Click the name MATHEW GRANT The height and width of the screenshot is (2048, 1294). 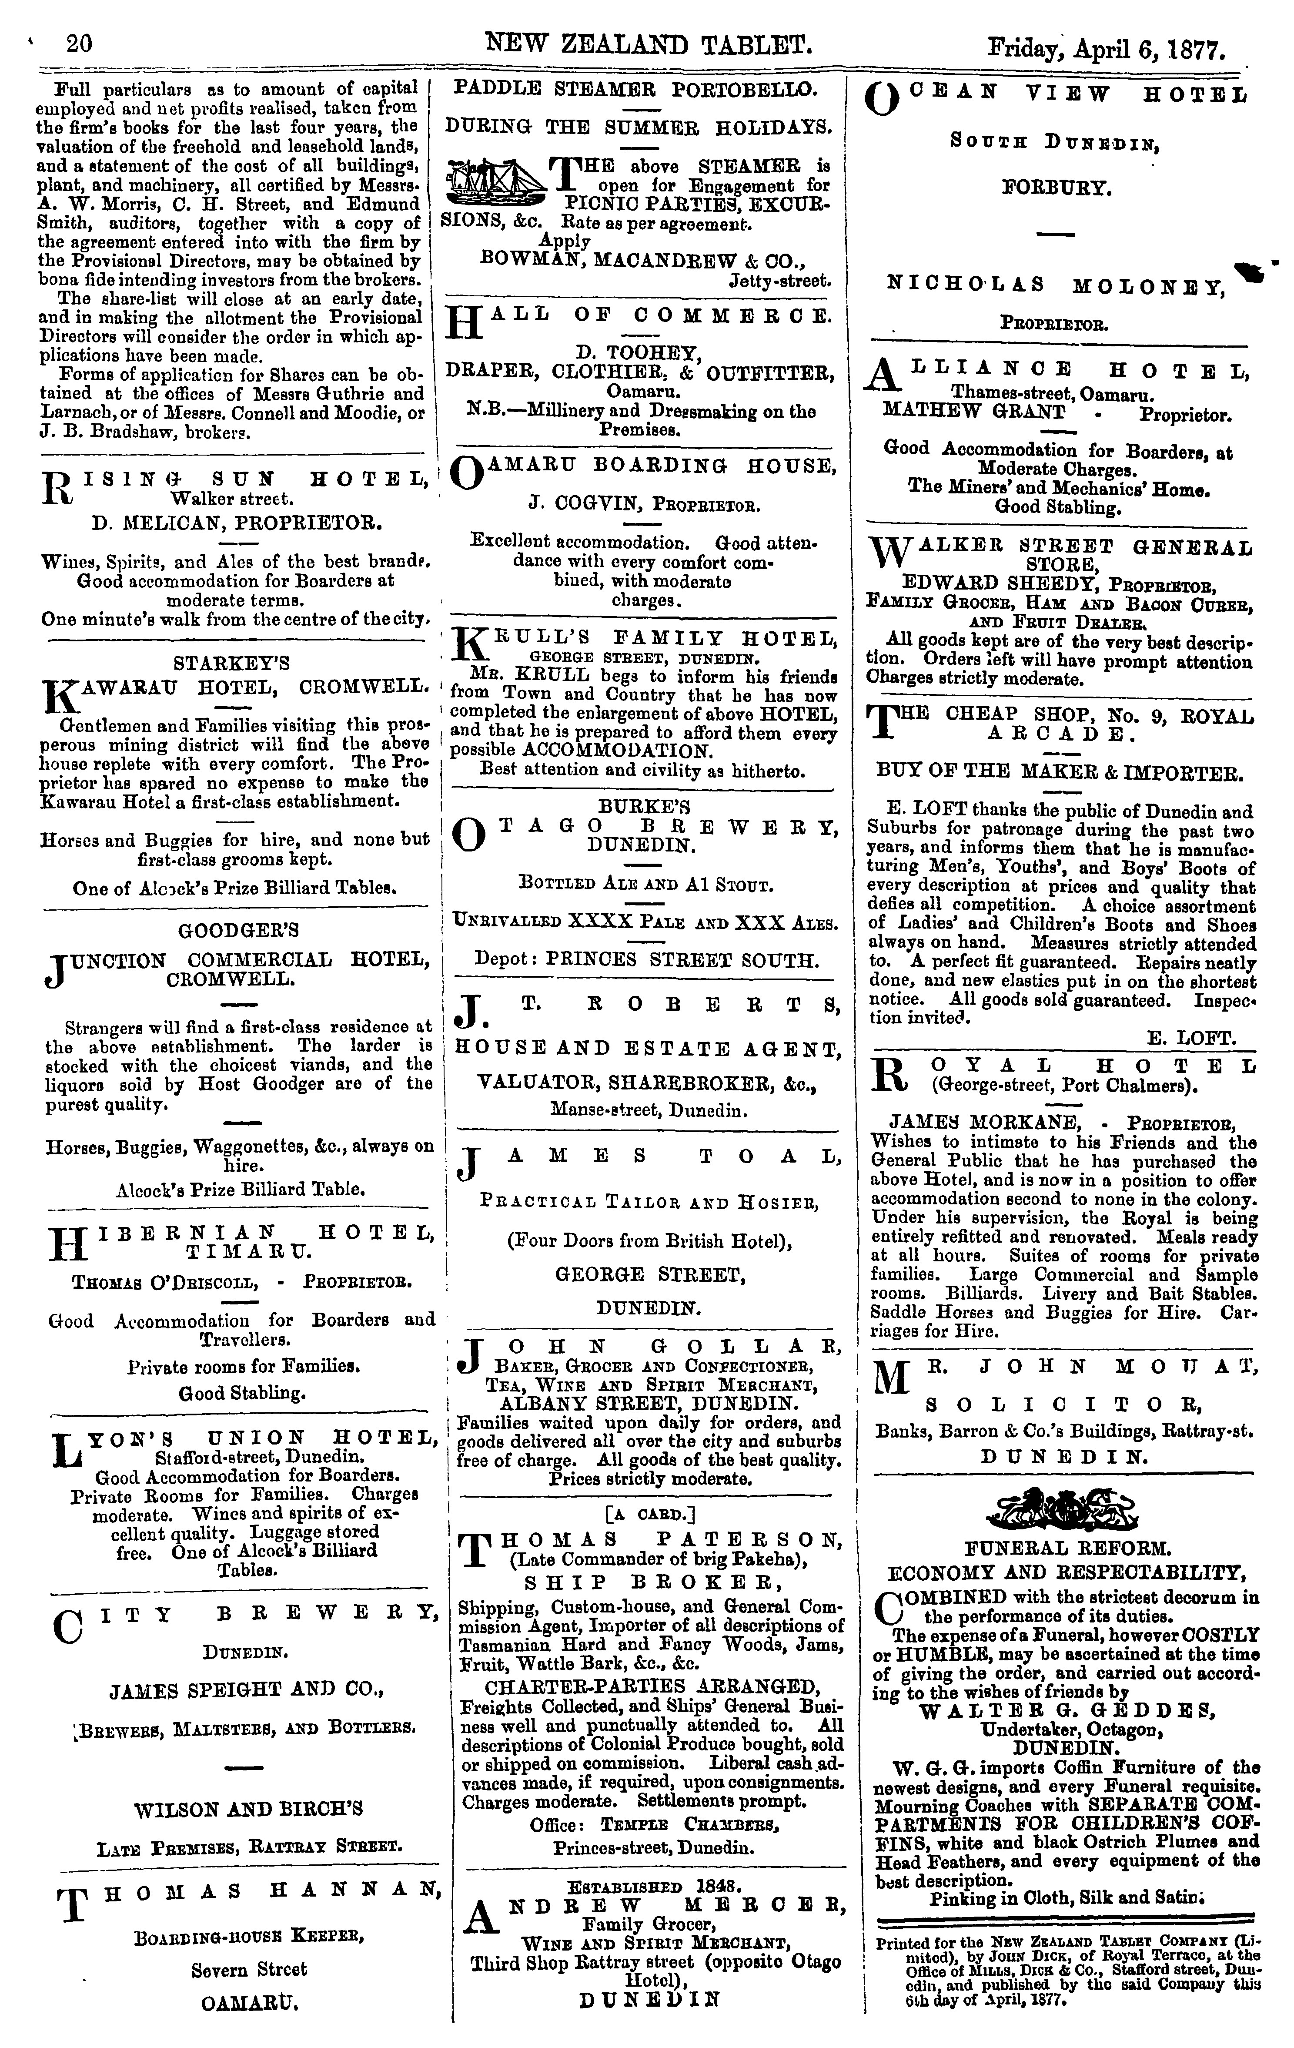(x=973, y=412)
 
